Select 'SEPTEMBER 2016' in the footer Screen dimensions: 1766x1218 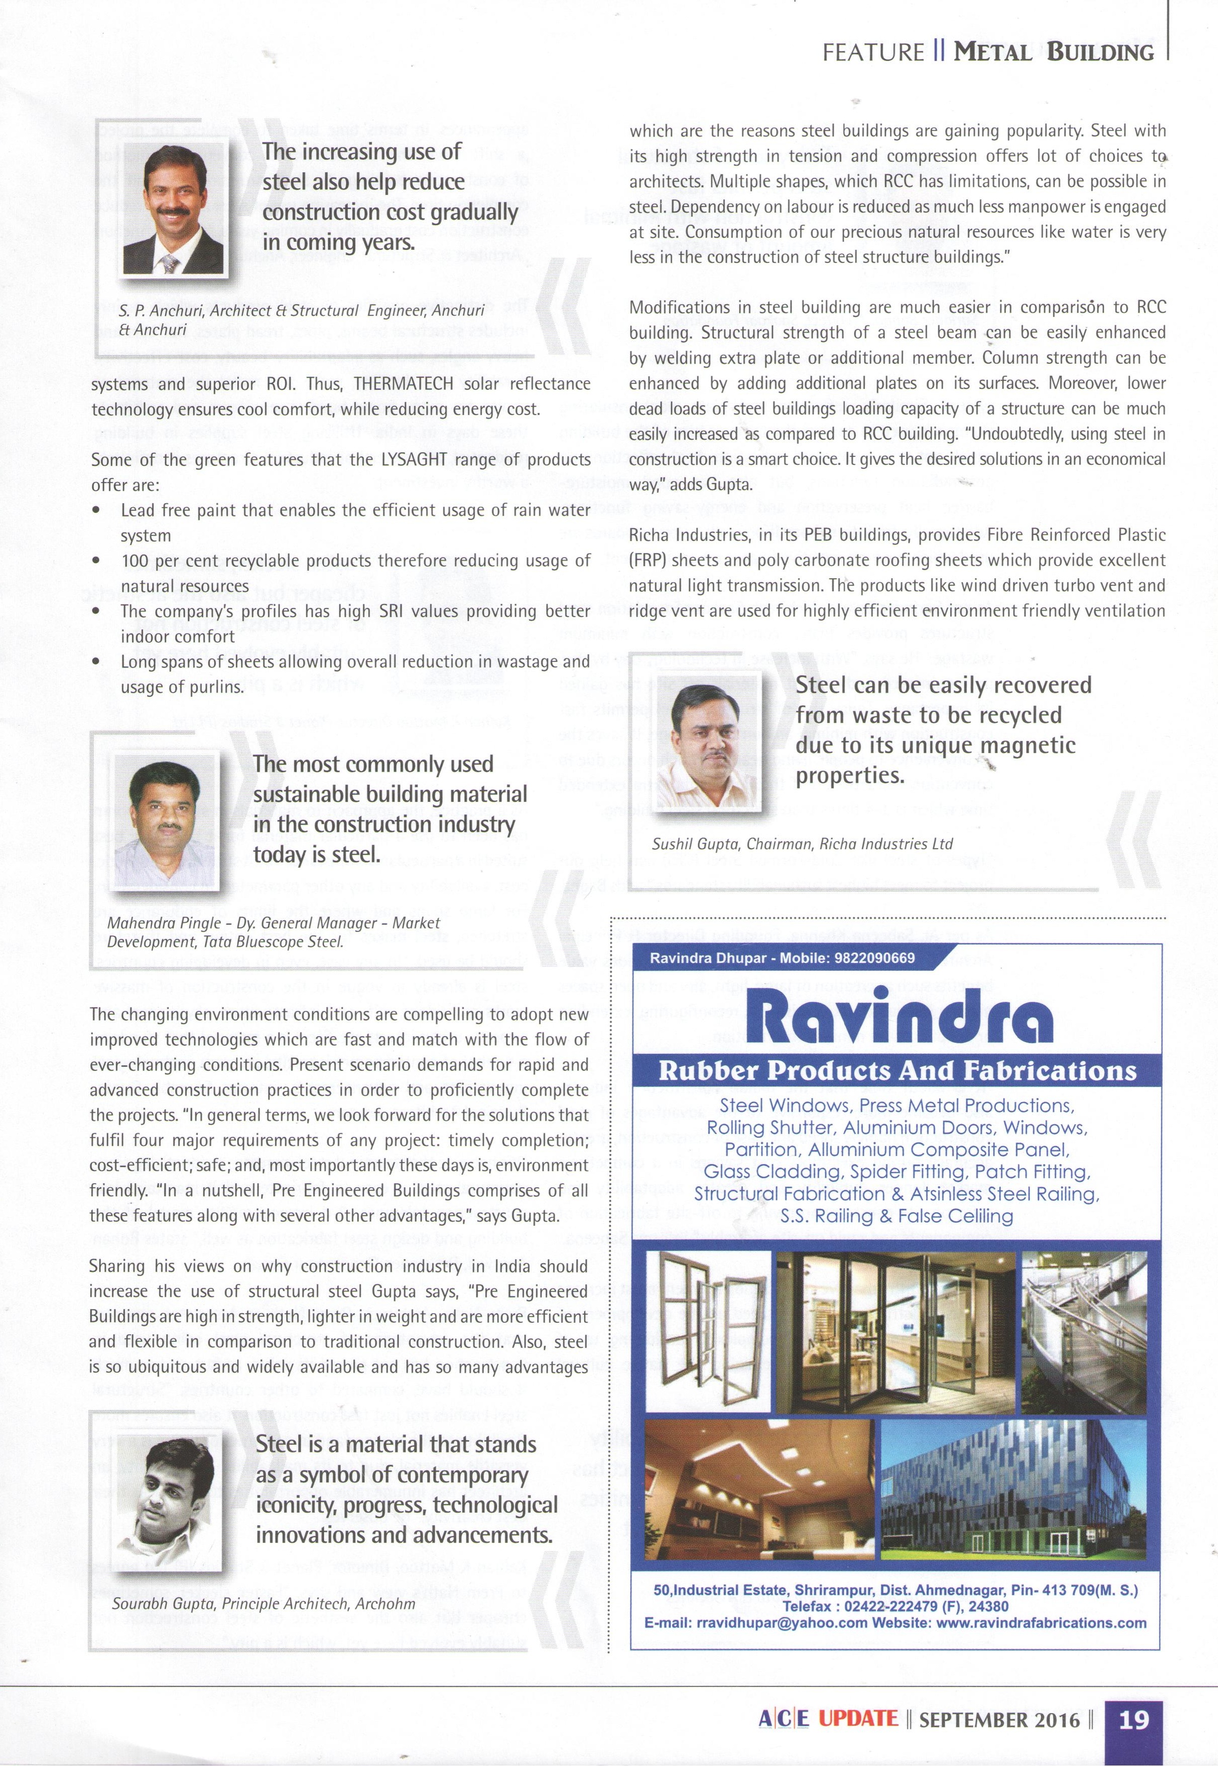tap(999, 1720)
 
